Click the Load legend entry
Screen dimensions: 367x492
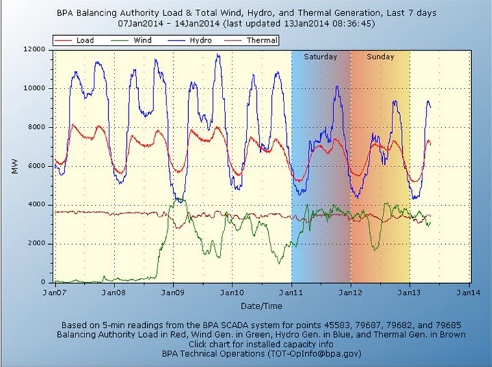[x=85, y=40]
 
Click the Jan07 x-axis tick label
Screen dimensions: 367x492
[x=55, y=292]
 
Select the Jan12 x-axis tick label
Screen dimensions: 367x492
[x=351, y=292]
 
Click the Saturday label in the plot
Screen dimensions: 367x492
[x=321, y=57]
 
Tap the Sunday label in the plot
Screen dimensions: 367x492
[x=380, y=57]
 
